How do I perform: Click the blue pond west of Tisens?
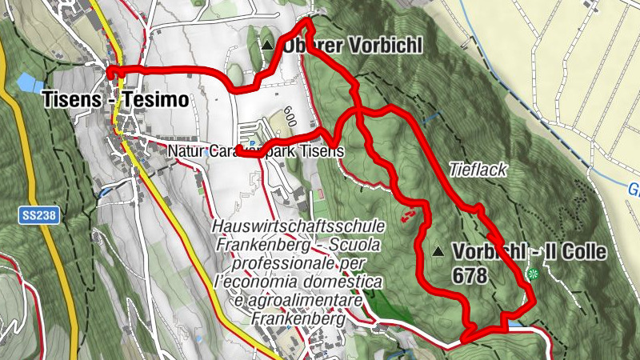pyautogui.click(x=28, y=82)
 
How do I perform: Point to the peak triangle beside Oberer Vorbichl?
pyautogui.click(x=267, y=46)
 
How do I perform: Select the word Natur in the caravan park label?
pyautogui.click(x=187, y=150)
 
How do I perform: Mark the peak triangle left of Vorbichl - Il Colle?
pyautogui.click(x=438, y=252)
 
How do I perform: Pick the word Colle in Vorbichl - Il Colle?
pyautogui.click(x=581, y=253)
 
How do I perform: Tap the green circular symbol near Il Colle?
pyautogui.click(x=533, y=274)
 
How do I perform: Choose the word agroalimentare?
pyautogui.click(x=303, y=300)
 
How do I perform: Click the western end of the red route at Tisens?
pyautogui.click(x=110, y=72)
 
